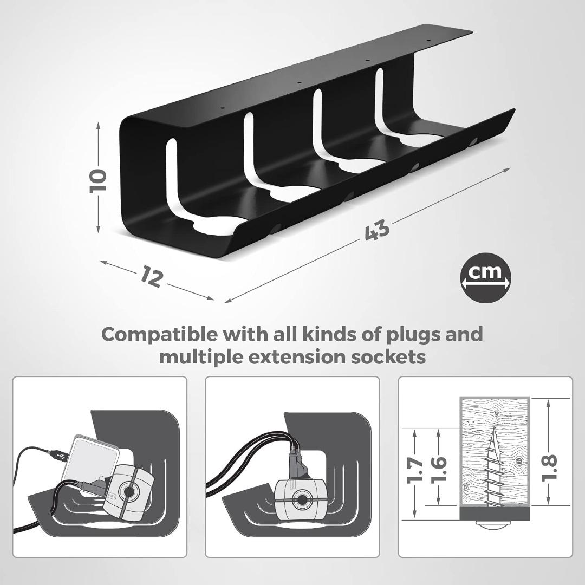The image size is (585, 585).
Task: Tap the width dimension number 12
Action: pos(151,276)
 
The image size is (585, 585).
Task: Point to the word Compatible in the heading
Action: pos(159,334)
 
